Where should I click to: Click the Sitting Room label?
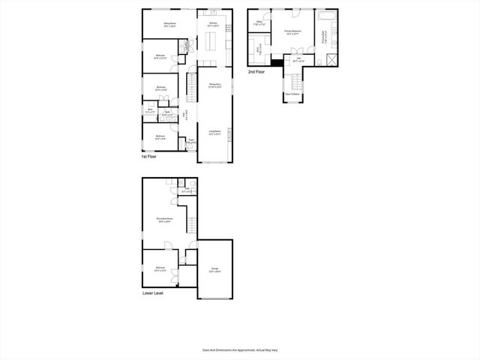[169, 24]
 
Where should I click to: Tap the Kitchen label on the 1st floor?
[213, 24]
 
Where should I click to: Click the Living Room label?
[214, 132]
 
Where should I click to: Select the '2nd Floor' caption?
[256, 71]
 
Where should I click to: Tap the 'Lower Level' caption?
[153, 293]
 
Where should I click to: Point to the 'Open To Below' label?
[292, 94]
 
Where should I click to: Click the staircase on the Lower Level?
[192, 223]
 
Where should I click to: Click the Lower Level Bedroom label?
[160, 268]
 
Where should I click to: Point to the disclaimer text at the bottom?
[239, 349]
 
